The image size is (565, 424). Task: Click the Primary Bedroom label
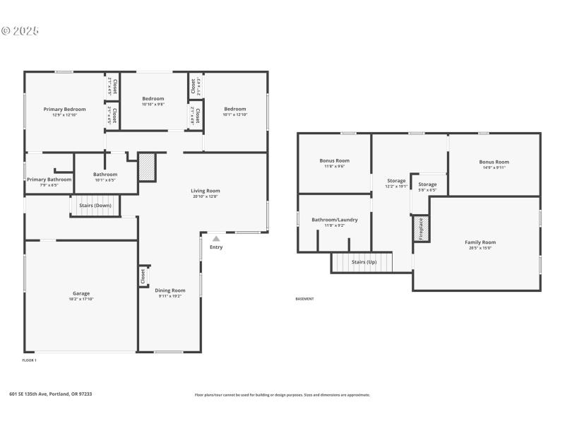[64, 109]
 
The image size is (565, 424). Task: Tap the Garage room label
[81, 293]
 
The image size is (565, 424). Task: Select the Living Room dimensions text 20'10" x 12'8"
[206, 196]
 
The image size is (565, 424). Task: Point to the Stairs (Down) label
[95, 205]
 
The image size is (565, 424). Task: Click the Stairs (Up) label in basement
[364, 262]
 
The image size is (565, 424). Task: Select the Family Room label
[480, 242]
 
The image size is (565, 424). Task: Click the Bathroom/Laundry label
[335, 219]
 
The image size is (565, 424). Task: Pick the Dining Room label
[170, 290]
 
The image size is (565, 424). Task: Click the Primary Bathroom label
[49, 179]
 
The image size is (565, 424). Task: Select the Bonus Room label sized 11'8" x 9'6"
[335, 160]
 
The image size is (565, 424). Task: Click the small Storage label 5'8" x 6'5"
[427, 184]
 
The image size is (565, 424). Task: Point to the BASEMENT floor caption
[304, 299]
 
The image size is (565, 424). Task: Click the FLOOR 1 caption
[30, 360]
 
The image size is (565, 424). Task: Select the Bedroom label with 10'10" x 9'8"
[153, 98]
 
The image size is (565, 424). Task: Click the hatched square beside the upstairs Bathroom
[146, 167]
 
